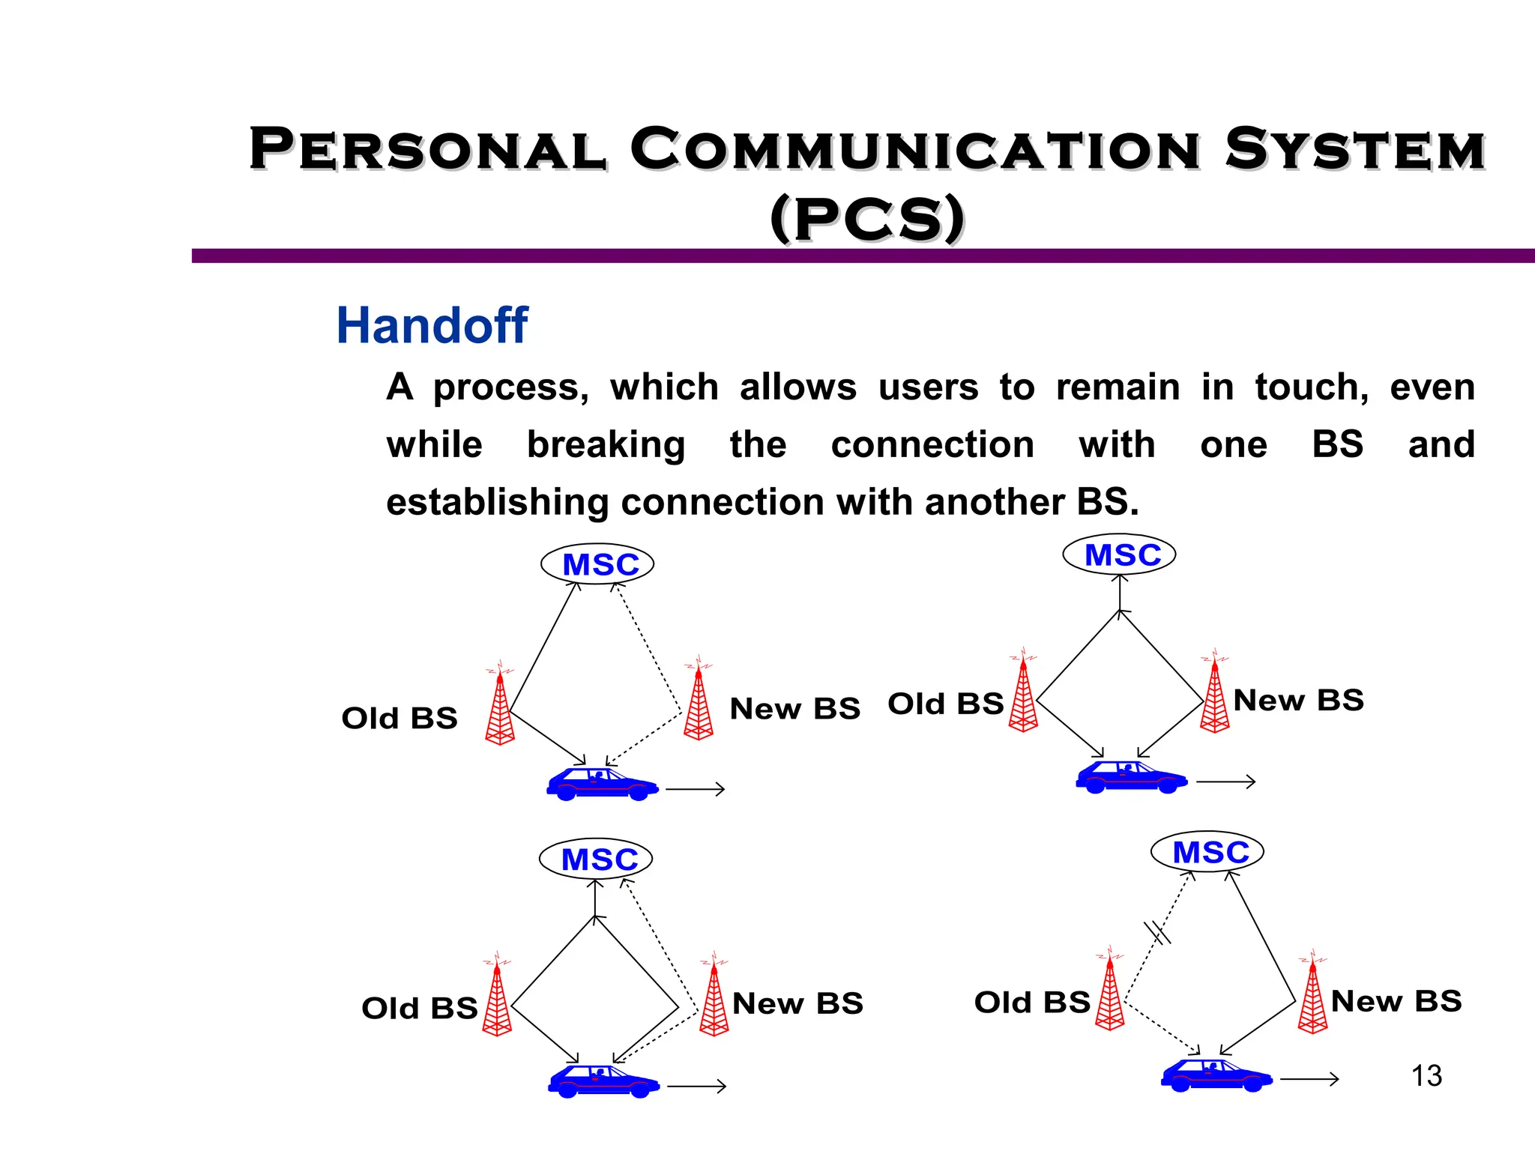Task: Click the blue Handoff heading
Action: [x=432, y=326]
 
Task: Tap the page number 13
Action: [x=1426, y=1076]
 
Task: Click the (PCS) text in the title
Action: [x=867, y=219]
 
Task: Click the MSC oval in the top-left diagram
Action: [x=597, y=564]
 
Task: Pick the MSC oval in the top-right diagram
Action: [x=1120, y=555]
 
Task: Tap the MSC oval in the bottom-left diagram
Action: [x=596, y=859]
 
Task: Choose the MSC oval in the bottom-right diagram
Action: [x=1207, y=852]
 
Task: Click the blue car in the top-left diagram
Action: [x=602, y=784]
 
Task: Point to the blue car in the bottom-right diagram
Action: [x=1216, y=1075]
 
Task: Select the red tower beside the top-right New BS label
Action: [x=1214, y=697]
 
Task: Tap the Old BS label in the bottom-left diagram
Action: [x=419, y=1009]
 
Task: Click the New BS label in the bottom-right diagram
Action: [x=1396, y=1001]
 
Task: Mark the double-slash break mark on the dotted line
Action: [x=1157, y=932]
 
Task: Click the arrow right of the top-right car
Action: [x=1225, y=782]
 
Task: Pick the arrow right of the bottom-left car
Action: [x=696, y=1086]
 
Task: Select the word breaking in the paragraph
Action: [x=606, y=445]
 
